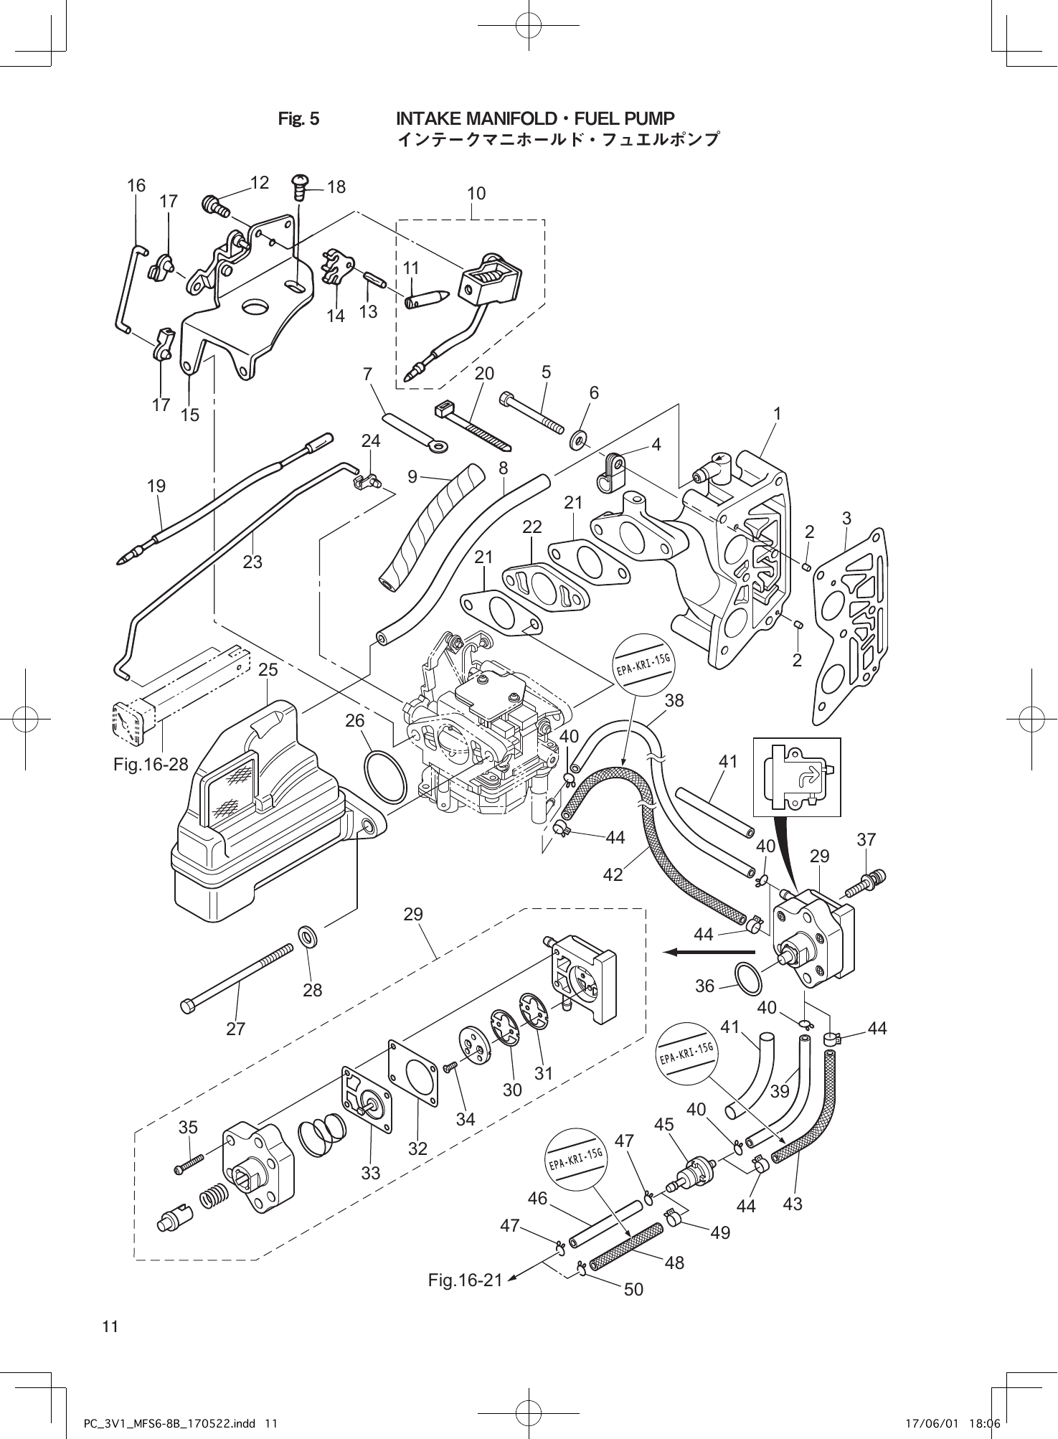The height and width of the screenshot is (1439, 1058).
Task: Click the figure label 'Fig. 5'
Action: coord(298,118)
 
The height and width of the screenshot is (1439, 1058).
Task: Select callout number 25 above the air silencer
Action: coord(268,670)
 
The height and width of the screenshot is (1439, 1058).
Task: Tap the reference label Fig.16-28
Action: coord(151,765)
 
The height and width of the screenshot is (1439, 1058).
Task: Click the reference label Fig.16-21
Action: coord(465,1280)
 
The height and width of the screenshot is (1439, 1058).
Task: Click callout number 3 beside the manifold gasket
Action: coord(846,518)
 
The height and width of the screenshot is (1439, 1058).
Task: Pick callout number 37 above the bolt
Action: coord(866,839)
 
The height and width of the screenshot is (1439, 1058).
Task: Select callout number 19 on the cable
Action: coord(156,486)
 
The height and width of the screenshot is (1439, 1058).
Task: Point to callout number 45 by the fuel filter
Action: coord(664,1125)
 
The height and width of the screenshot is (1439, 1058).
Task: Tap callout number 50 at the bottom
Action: coord(633,1289)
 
